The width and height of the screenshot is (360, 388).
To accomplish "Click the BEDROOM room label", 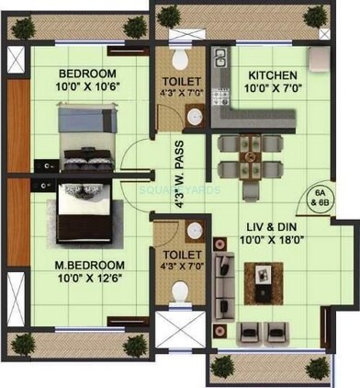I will (87, 74).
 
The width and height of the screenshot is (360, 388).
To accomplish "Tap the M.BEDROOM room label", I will (89, 261).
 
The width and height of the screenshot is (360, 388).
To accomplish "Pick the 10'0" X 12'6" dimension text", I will (89, 275).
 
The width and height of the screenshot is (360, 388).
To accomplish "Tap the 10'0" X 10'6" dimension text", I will (87, 88).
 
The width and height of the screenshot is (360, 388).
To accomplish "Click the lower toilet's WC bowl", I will (181, 292).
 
